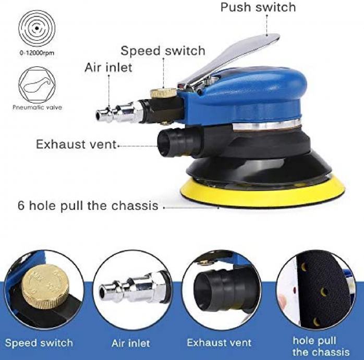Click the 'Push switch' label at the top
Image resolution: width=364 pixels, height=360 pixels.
click(x=258, y=7)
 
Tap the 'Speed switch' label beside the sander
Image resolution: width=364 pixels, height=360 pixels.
click(x=163, y=51)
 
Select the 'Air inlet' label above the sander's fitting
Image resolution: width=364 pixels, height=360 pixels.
click(x=108, y=68)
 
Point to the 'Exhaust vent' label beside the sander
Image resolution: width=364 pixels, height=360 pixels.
click(x=76, y=144)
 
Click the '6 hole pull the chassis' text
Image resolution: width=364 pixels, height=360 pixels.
click(x=88, y=206)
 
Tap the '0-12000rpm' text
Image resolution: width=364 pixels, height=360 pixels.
click(x=37, y=53)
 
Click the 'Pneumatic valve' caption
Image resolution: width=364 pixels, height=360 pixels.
click(x=38, y=107)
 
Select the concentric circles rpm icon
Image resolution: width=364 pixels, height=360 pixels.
click(x=37, y=29)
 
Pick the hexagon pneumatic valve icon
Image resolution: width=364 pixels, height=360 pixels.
click(x=37, y=85)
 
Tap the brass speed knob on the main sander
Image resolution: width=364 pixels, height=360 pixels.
click(x=163, y=93)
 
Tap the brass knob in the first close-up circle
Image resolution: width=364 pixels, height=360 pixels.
click(x=45, y=286)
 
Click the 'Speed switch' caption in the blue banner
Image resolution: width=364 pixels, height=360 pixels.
click(x=39, y=343)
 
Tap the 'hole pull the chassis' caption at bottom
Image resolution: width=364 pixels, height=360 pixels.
click(x=321, y=346)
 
